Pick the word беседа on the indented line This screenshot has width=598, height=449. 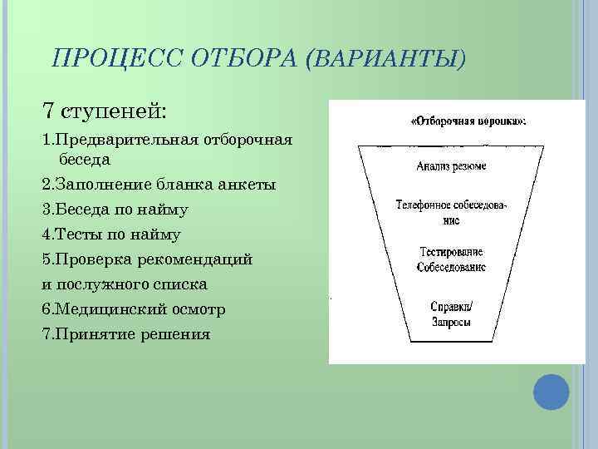[x=84, y=157]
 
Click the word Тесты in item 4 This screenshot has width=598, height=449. [x=86, y=234]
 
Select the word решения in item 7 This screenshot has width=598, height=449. [x=178, y=334]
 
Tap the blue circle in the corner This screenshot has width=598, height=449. [x=551, y=392]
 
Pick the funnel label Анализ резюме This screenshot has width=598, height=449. [x=451, y=166]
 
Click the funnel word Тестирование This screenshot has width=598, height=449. [x=451, y=252]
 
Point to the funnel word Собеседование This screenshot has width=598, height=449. [x=451, y=268]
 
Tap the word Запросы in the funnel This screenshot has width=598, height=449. [x=451, y=322]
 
